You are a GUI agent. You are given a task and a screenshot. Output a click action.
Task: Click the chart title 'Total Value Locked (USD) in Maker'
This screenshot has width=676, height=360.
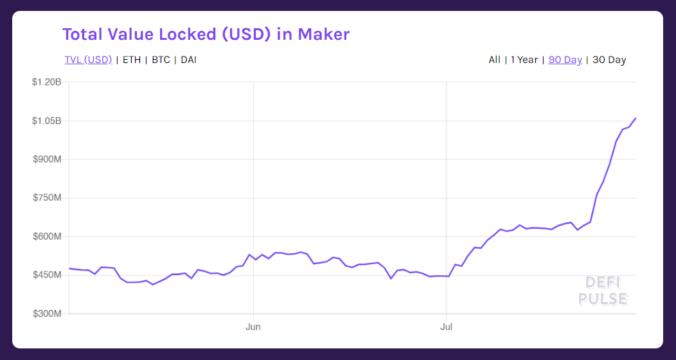206,34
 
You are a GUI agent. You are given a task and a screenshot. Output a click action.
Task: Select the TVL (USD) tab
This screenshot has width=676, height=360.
88,60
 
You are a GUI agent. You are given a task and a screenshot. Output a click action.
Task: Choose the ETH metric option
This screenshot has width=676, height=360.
131,60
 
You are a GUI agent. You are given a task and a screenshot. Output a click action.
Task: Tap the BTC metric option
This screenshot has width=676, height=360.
161,60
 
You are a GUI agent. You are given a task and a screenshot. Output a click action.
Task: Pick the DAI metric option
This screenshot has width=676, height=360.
188,60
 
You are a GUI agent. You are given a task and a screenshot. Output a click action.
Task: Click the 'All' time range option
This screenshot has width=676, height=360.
494,60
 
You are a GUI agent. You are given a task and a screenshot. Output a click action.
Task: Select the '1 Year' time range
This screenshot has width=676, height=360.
524,60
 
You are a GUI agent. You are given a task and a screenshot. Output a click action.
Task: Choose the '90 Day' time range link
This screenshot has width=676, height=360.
565,60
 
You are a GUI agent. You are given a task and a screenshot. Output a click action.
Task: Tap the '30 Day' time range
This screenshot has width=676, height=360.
609,60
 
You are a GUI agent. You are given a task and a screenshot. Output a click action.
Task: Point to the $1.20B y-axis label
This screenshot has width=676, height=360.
46,82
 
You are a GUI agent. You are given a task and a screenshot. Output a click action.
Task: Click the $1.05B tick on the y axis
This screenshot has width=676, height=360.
46,121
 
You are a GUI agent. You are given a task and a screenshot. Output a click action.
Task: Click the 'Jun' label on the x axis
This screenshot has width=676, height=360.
253,327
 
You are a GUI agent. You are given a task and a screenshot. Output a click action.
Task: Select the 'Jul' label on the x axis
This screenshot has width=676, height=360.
446,327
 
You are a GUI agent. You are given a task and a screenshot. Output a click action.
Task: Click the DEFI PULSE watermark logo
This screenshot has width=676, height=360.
602,291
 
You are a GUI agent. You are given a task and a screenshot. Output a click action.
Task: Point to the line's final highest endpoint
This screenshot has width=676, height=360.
636,118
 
